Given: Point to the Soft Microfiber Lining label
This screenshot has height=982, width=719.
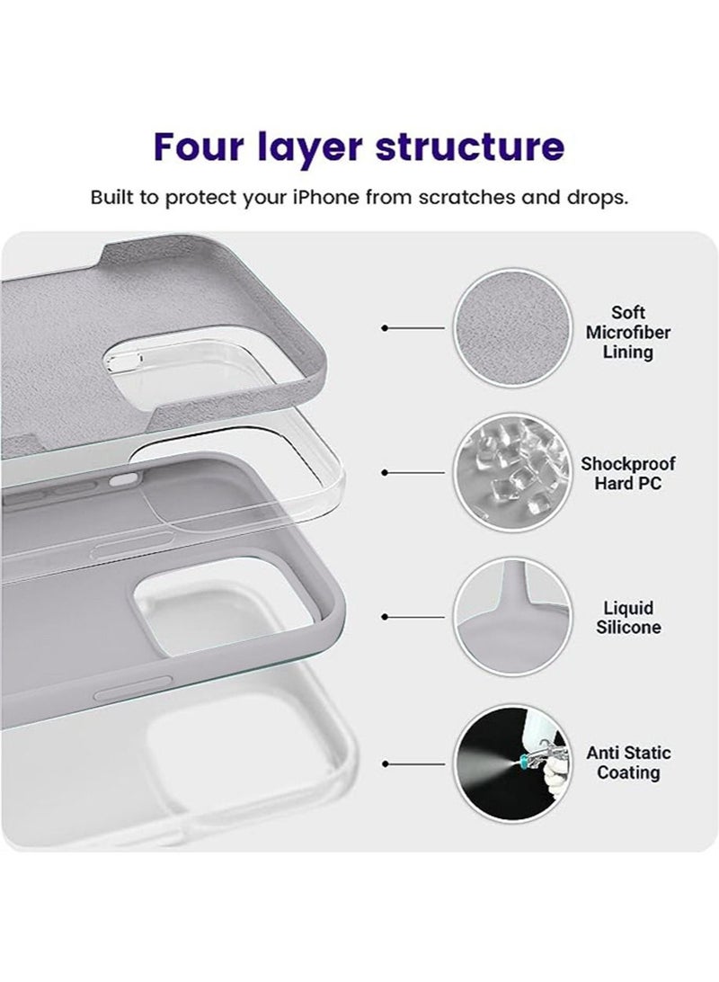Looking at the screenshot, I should click(628, 333).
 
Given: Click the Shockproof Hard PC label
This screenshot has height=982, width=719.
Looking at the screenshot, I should click(628, 473).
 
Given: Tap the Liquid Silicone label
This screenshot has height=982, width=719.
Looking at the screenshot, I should click(628, 618).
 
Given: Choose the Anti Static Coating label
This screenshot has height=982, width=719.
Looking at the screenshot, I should click(628, 763).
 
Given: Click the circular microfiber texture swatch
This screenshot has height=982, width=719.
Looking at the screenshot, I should click(512, 329).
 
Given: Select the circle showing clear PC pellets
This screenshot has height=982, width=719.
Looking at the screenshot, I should click(512, 473).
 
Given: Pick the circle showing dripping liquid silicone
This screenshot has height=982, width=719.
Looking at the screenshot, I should click(512, 617).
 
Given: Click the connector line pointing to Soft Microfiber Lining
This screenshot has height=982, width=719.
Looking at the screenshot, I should click(414, 329).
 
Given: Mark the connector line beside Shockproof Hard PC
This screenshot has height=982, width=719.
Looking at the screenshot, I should click(414, 473).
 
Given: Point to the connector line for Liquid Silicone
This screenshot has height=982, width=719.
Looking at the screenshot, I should click(414, 617).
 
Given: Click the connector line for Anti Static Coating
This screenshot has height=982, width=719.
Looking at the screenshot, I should click(414, 763).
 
